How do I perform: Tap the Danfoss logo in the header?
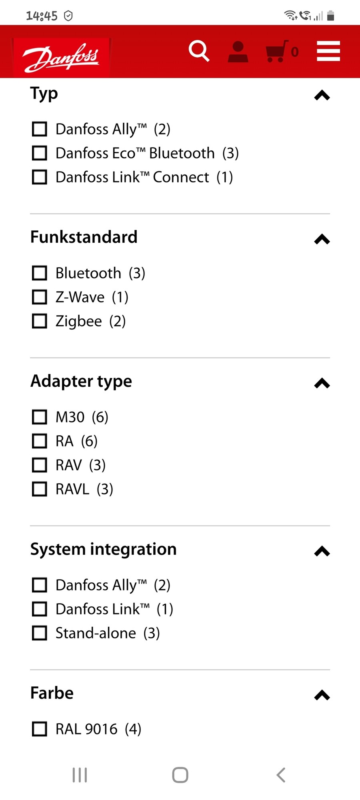pyautogui.click(x=61, y=57)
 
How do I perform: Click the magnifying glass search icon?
pyautogui.click(x=199, y=51)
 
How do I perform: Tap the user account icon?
pyautogui.click(x=238, y=52)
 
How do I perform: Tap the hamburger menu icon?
pyautogui.click(x=328, y=51)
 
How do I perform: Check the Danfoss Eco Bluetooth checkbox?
pyautogui.click(x=40, y=153)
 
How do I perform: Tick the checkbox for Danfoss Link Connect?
pyautogui.click(x=40, y=177)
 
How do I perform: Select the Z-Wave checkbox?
pyautogui.click(x=40, y=297)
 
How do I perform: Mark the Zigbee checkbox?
pyautogui.click(x=40, y=321)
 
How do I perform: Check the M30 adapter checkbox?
pyautogui.click(x=40, y=417)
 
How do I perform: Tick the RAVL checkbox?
pyautogui.click(x=40, y=489)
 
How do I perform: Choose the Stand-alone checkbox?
pyautogui.click(x=40, y=633)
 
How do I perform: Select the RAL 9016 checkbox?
pyautogui.click(x=40, y=729)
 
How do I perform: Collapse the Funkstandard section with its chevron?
pyautogui.click(x=322, y=239)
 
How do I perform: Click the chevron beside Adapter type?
pyautogui.click(x=322, y=383)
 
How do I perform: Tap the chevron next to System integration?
pyautogui.click(x=322, y=551)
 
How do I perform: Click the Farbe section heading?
pyautogui.click(x=52, y=693)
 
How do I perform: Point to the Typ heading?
pyautogui.click(x=44, y=94)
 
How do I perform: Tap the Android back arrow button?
pyautogui.click(x=281, y=775)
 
